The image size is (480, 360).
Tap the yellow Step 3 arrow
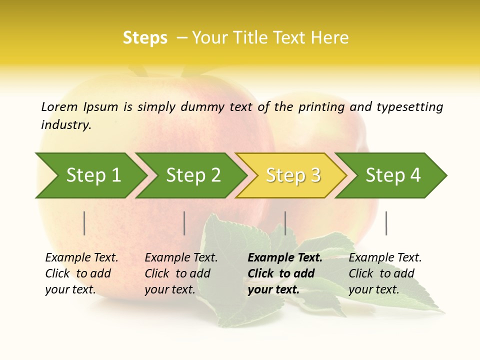293,175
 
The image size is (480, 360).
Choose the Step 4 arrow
393,175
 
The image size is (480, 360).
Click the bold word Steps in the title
145,38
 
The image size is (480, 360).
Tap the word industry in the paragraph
66,124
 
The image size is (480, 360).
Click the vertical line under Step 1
84,223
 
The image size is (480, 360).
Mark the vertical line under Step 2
184,223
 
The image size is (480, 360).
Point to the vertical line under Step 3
285,223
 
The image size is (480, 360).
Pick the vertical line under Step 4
386,223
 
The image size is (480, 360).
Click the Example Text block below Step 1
81,273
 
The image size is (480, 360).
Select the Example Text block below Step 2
181,273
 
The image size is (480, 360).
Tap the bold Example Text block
285,273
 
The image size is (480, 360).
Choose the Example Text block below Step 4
385,273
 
